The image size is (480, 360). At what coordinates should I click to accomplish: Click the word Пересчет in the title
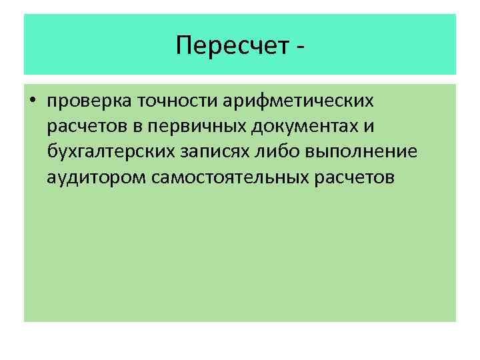(230, 45)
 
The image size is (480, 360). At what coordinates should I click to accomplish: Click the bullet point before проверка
(32, 101)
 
